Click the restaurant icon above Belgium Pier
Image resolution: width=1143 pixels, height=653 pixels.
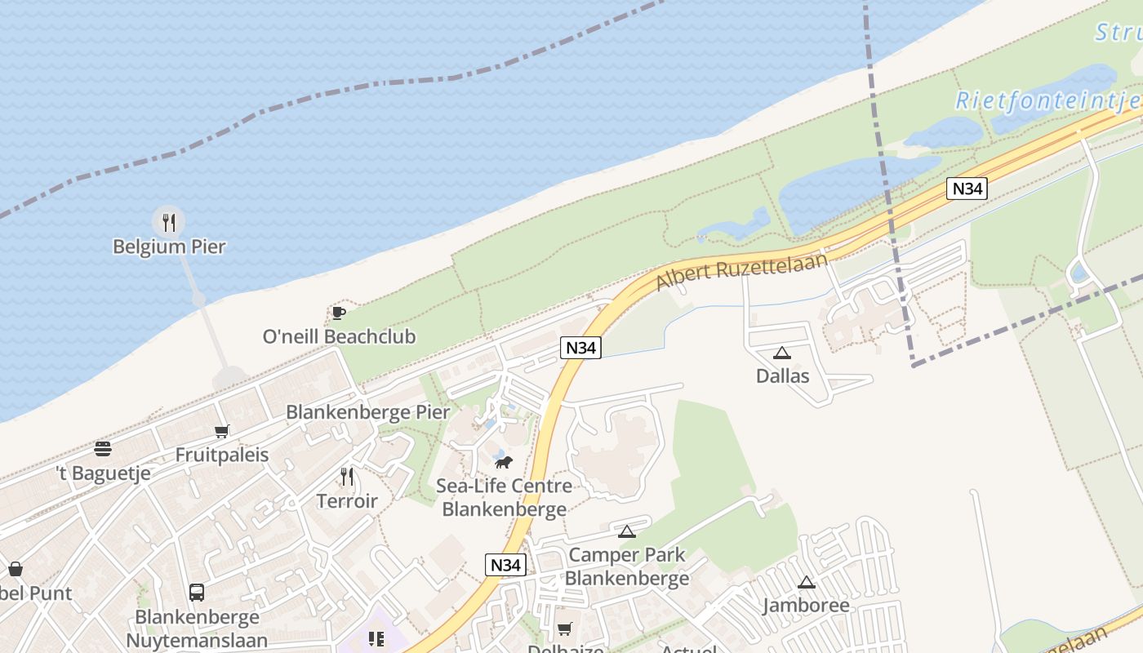click(169, 221)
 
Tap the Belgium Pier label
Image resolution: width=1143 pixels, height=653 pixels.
click(169, 247)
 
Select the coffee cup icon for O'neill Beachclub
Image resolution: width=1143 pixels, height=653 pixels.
click(339, 313)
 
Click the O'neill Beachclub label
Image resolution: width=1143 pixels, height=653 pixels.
click(339, 336)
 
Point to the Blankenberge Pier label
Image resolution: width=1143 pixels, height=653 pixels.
click(367, 412)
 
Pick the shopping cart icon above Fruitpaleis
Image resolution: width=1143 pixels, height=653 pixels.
click(221, 431)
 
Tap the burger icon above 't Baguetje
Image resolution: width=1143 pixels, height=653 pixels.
click(103, 448)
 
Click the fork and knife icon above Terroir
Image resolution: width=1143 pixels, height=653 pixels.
click(348, 477)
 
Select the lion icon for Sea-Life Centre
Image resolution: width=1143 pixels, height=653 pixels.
click(504, 462)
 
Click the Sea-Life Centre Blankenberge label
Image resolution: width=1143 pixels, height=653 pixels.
click(504, 498)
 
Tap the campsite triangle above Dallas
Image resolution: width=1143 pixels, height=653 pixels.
click(782, 353)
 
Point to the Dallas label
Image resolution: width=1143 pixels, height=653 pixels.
click(782, 376)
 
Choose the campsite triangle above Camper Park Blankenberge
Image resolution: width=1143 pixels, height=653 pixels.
click(627, 532)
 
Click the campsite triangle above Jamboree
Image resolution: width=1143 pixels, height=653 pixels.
click(807, 583)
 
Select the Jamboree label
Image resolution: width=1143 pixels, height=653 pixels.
click(806, 606)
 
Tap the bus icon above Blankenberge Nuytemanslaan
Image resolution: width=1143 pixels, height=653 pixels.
click(197, 593)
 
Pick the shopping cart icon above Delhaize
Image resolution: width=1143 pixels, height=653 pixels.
click(564, 629)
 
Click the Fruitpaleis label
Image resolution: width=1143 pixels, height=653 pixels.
click(222, 455)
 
